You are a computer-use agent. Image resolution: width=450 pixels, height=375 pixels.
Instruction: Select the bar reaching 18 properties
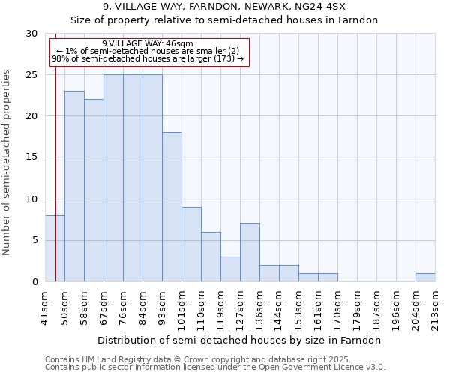click(x=172, y=207)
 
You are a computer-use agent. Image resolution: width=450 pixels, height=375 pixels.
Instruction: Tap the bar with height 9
click(x=191, y=244)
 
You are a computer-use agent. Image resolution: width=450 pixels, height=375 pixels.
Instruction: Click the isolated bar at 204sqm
click(x=425, y=277)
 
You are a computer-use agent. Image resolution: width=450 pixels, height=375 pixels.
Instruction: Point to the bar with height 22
click(x=94, y=190)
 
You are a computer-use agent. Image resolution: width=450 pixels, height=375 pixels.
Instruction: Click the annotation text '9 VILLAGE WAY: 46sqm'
click(x=148, y=44)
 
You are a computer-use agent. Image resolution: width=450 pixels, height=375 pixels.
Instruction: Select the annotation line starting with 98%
click(x=148, y=58)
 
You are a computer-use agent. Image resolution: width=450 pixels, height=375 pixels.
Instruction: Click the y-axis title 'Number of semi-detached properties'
click(x=7, y=162)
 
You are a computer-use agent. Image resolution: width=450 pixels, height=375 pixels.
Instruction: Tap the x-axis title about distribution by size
click(x=240, y=340)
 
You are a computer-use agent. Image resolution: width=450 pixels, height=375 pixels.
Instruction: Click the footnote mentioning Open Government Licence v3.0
click(x=215, y=367)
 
